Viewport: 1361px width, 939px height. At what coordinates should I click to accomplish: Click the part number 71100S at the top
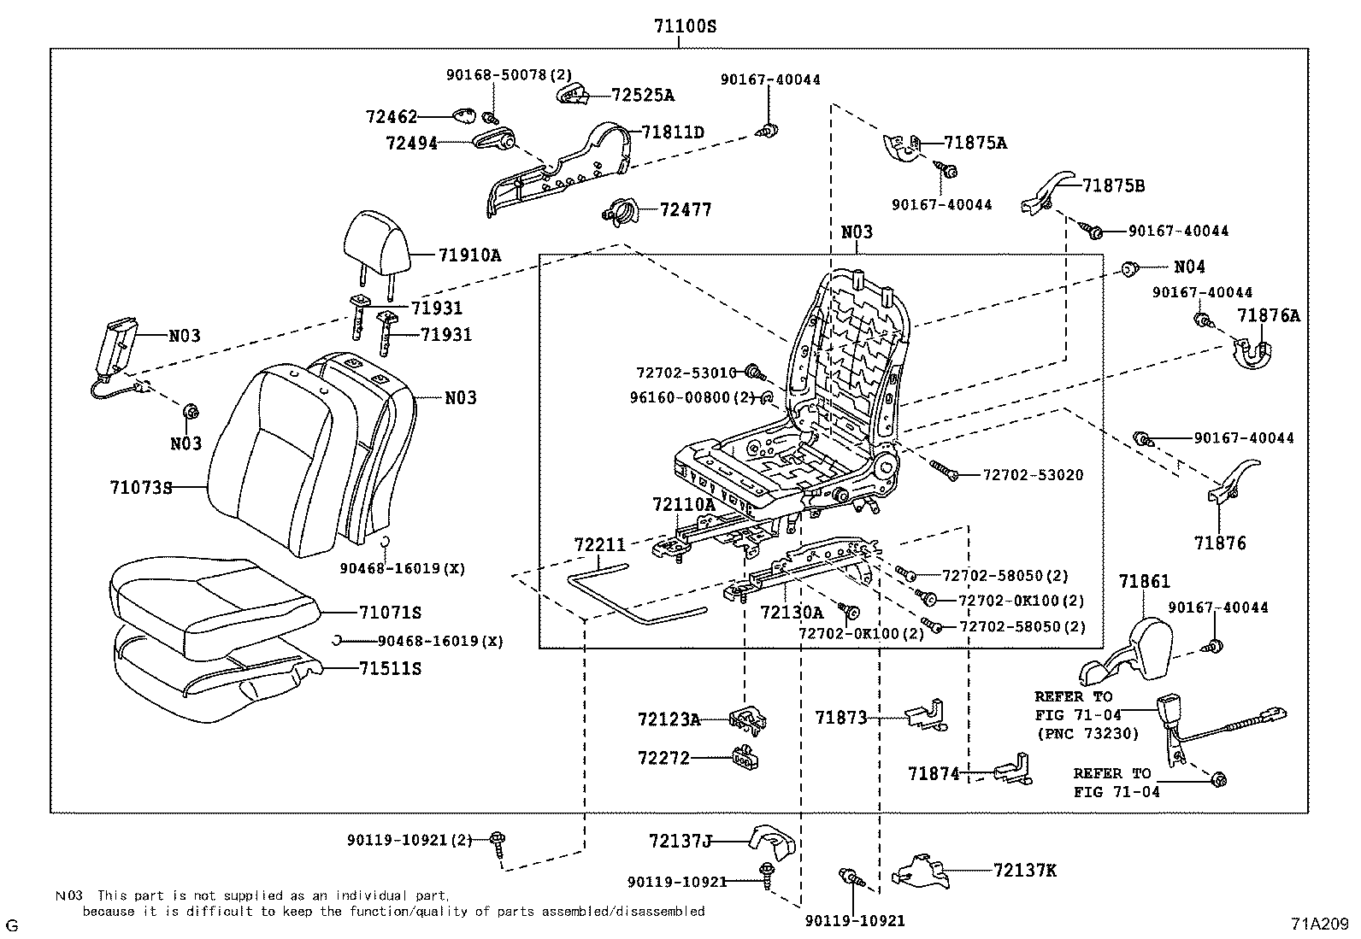685,26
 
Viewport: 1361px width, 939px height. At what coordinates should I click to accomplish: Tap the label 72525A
643,96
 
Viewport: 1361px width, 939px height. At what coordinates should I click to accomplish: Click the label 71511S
390,669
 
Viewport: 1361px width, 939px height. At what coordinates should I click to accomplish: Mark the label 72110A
684,504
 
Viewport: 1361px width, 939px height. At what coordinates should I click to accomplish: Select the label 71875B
1114,186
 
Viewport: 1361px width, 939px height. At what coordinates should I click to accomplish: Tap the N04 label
1190,267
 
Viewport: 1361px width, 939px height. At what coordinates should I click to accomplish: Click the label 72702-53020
1034,475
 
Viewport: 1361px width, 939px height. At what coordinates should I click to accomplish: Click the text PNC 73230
1088,734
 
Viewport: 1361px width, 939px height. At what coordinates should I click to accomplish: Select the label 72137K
1025,871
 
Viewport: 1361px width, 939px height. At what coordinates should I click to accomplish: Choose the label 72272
664,758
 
